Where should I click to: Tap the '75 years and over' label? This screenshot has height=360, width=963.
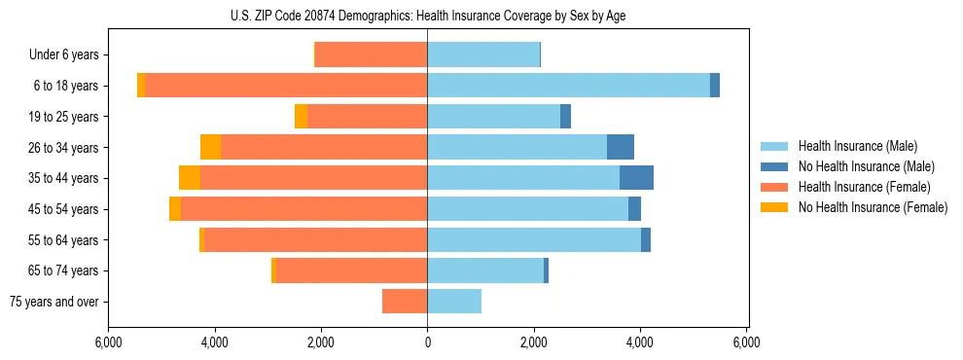click(54, 302)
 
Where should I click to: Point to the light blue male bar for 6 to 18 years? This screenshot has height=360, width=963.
click(568, 86)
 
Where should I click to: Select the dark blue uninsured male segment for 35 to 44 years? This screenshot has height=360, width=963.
click(636, 178)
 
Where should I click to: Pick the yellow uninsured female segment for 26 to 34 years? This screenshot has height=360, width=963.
click(210, 147)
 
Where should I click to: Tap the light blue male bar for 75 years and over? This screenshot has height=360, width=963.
click(454, 302)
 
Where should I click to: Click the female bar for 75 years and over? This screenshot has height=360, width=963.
click(405, 302)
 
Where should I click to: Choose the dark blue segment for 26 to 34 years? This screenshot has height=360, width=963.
click(621, 147)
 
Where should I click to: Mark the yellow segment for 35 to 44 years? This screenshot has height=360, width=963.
click(190, 178)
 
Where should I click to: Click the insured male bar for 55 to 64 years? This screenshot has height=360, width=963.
click(534, 239)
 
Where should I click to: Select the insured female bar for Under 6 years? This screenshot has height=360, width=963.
click(372, 54)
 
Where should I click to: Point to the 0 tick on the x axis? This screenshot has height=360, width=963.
click(427, 342)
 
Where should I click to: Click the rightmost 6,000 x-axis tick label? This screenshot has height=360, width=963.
click(746, 342)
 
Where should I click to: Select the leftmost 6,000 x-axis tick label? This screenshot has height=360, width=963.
click(108, 342)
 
